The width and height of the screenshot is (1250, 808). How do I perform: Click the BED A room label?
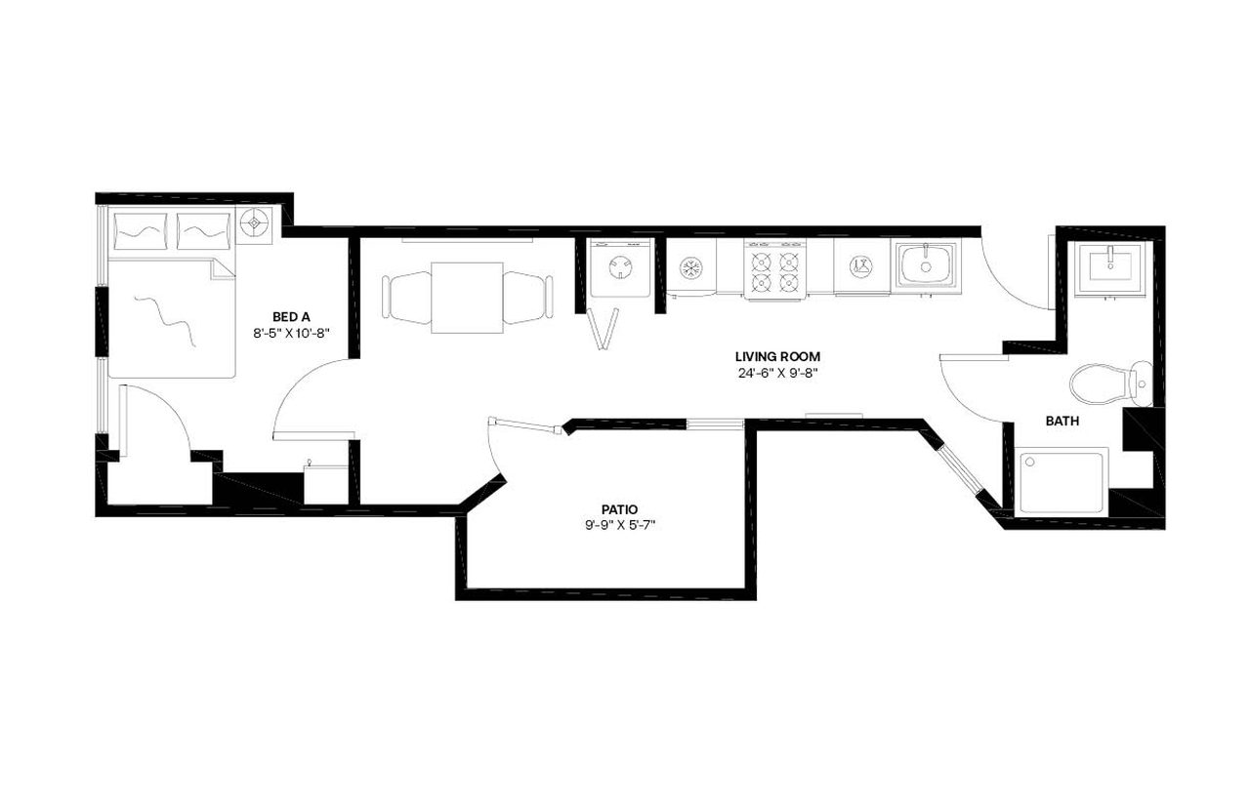291,316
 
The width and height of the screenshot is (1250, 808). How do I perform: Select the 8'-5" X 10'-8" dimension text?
291,332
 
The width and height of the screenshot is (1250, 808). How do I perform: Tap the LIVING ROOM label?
777,356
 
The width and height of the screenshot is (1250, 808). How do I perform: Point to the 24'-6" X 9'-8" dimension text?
777,373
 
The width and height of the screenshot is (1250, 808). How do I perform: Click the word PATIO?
620,509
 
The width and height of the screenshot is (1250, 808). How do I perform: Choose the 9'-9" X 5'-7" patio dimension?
620,525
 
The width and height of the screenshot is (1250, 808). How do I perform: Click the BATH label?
1062,422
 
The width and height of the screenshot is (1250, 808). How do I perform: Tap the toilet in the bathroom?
1108,382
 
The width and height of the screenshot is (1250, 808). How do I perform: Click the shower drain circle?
1028,462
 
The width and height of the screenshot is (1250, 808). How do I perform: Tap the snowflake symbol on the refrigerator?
691,266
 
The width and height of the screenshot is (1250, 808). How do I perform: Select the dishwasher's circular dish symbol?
860,264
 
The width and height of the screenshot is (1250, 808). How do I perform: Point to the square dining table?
467,297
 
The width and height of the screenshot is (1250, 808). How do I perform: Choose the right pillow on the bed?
204,230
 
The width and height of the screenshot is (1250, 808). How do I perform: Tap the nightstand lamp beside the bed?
257,223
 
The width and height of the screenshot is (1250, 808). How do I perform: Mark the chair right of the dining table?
527,297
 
